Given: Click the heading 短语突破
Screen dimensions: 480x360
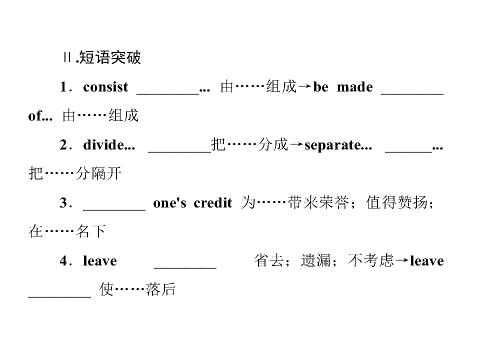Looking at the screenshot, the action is [x=110, y=57].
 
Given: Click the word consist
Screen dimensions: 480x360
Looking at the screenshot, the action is [x=105, y=87].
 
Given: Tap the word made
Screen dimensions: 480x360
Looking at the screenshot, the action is [x=355, y=87].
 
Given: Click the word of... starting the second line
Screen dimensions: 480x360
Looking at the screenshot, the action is [x=40, y=116].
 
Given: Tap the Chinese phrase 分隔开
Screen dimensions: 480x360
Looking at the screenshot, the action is [x=98, y=173].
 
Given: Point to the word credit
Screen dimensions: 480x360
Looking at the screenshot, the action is [x=213, y=202].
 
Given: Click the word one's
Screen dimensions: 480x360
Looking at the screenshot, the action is [x=169, y=203].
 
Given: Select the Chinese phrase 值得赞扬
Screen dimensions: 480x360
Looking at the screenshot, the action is [x=396, y=202].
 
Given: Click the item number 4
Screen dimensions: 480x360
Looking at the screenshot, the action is [x=63, y=261].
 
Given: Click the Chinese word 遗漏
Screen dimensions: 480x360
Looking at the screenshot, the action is [x=316, y=260].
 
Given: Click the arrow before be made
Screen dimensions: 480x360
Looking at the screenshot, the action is [x=304, y=87].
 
